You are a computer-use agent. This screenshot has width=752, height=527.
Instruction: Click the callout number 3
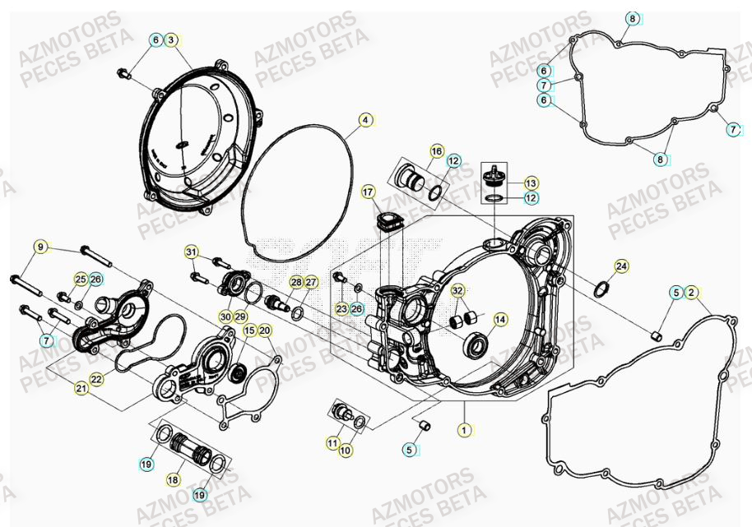click(x=170, y=39)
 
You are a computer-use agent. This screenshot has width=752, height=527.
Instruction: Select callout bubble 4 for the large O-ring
click(x=364, y=122)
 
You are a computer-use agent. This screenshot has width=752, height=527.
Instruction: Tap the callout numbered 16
click(x=436, y=151)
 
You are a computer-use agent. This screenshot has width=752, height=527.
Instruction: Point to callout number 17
click(x=368, y=192)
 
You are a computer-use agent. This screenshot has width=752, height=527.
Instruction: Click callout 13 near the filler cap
click(x=531, y=183)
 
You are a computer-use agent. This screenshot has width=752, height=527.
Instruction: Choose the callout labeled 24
click(x=621, y=266)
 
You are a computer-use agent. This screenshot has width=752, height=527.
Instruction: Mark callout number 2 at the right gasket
click(x=692, y=292)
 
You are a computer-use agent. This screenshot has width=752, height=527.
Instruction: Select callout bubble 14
click(x=500, y=319)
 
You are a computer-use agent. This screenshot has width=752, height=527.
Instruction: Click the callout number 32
click(x=457, y=290)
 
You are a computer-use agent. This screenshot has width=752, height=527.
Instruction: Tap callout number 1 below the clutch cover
click(x=464, y=429)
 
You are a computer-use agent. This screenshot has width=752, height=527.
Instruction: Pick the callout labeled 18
click(x=174, y=479)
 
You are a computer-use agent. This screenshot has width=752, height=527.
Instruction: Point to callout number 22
click(x=96, y=379)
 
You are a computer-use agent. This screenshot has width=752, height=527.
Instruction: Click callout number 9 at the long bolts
click(x=39, y=246)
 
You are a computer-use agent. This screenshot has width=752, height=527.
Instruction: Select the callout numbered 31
click(x=191, y=252)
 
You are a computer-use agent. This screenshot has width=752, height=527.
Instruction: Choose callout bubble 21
click(x=81, y=387)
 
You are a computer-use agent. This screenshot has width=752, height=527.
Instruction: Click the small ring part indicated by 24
click(x=601, y=289)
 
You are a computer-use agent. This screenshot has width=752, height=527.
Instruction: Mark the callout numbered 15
click(x=249, y=331)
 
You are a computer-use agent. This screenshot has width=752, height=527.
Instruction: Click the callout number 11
click(x=332, y=442)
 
